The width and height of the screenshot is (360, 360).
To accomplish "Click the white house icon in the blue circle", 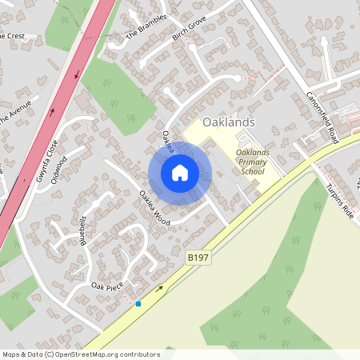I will pyautogui.click(x=180, y=173).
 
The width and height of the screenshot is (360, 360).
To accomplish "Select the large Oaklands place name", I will pyautogui.click(x=229, y=122).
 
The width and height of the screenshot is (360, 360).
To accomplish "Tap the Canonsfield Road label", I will pyautogui.click(x=323, y=117).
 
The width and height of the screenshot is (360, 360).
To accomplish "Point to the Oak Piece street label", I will pyautogui.click(x=107, y=286).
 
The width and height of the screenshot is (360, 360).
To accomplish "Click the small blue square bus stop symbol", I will pyautogui.click(x=138, y=304).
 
